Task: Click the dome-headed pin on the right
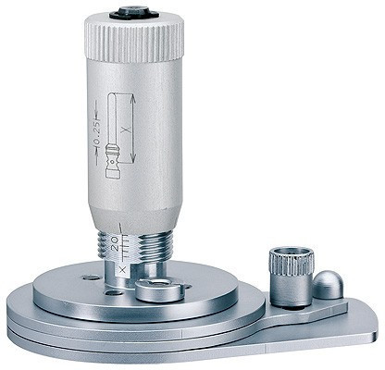tap(327, 285)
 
